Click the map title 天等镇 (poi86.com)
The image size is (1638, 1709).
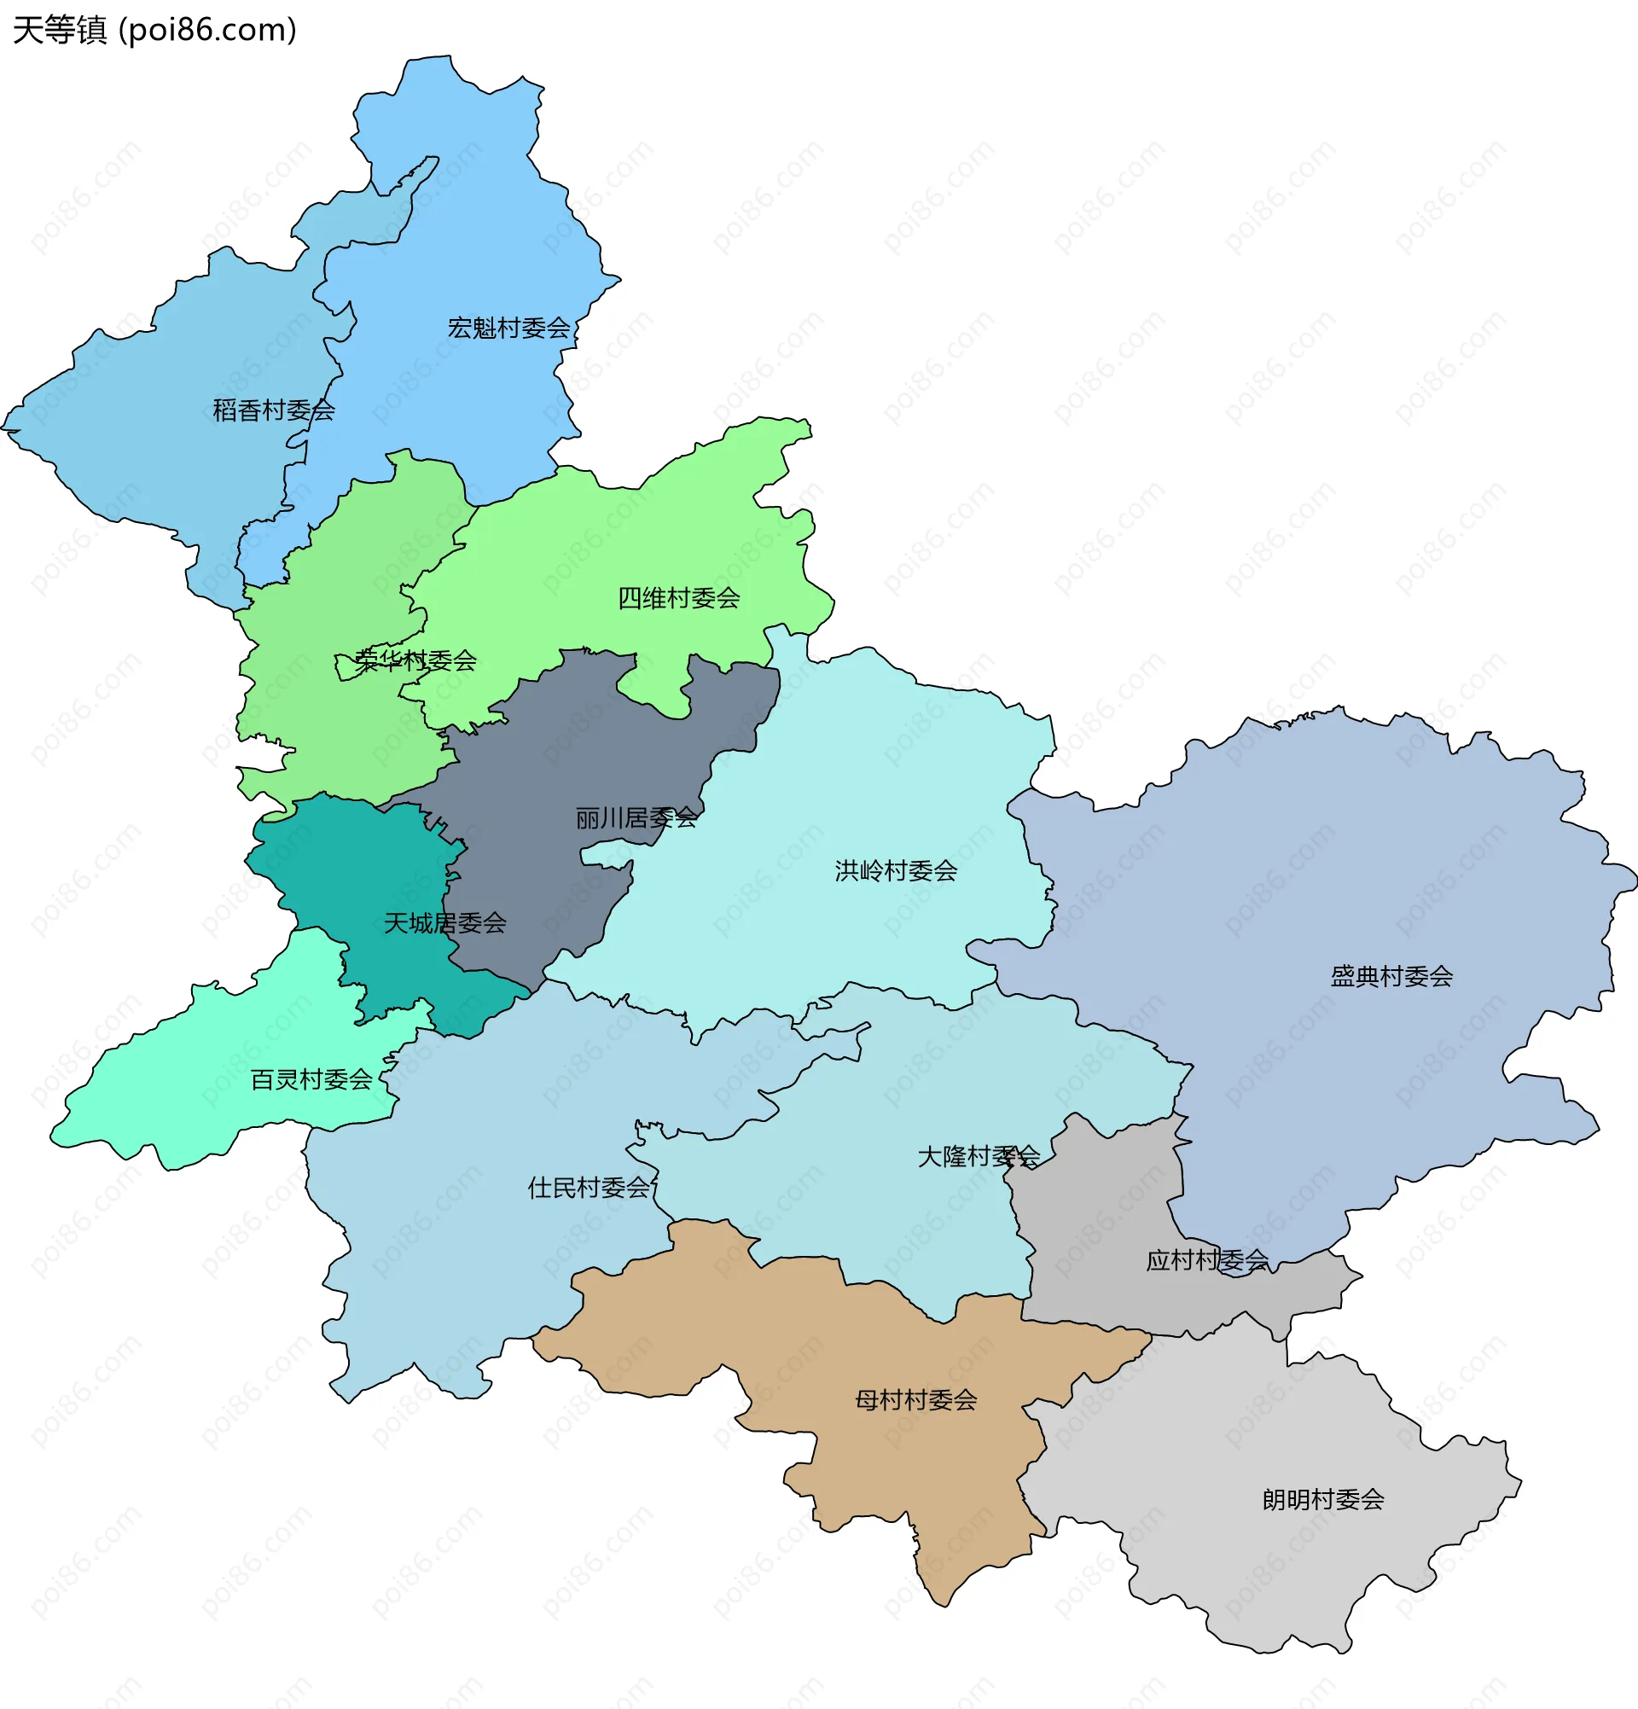(155, 31)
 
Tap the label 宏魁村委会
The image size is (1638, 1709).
(508, 328)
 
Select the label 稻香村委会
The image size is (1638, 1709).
(274, 410)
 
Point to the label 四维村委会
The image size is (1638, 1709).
(678, 598)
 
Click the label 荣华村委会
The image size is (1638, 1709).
(415, 661)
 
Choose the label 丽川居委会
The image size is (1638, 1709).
(636, 818)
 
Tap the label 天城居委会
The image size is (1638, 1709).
(444, 923)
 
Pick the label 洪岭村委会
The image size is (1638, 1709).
(895, 871)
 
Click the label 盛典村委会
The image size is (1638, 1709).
(1391, 977)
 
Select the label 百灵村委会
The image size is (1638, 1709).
(311, 1080)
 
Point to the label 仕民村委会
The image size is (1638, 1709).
(589, 1188)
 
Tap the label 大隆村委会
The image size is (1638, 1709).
(978, 1157)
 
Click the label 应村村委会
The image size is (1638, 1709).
(1206, 1261)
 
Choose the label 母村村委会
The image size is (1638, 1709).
(915, 1400)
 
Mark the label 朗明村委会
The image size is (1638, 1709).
(1322, 1500)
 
